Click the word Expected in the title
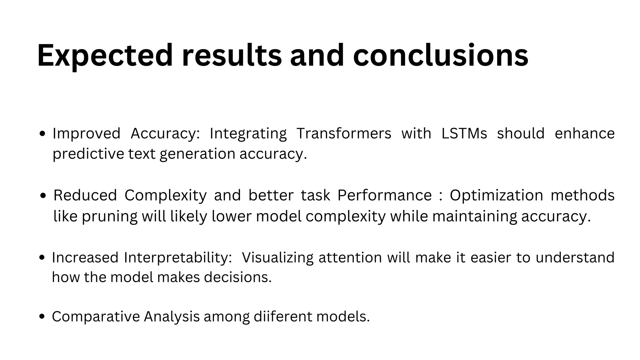point(105,56)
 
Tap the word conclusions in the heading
point(441,56)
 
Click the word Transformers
point(344,133)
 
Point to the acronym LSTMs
point(464,133)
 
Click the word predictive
point(88,154)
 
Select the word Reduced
point(85,195)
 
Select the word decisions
point(238,277)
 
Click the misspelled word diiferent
point(283,317)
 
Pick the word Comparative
point(96,317)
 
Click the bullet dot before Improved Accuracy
point(43,134)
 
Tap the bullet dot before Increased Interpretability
point(42,258)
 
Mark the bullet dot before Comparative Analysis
point(42,317)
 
